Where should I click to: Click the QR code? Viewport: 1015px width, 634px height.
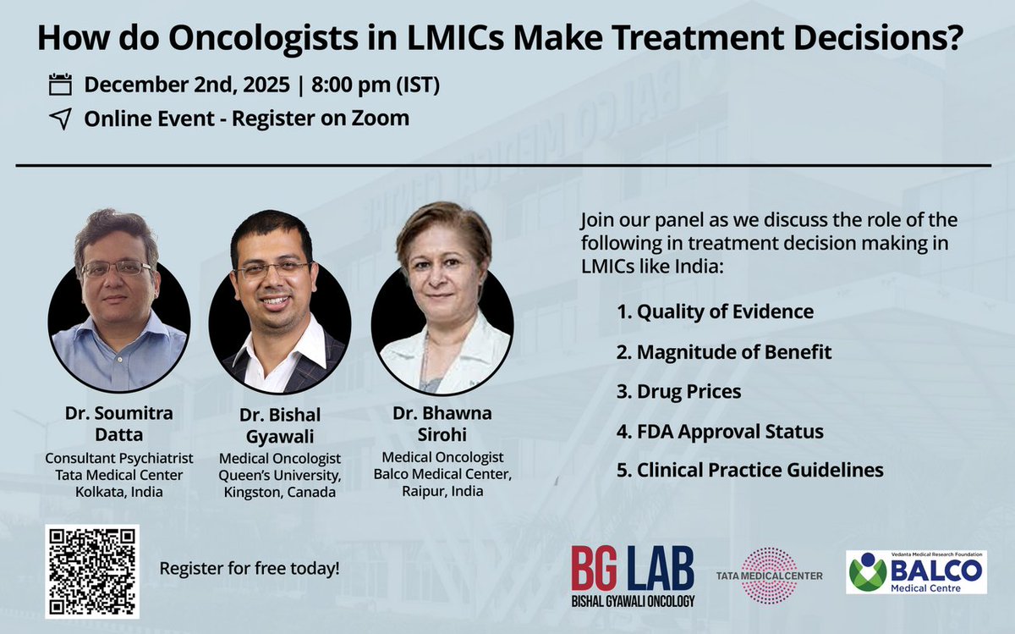tap(91, 571)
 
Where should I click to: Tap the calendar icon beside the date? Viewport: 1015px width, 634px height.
tap(60, 85)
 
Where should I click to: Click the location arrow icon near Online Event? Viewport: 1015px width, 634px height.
tap(60, 119)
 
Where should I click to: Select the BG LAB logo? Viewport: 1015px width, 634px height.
tap(633, 576)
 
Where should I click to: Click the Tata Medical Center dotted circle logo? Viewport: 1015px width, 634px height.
tap(769, 576)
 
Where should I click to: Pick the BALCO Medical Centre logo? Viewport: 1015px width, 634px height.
tap(916, 571)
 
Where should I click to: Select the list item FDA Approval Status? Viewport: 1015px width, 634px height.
tap(719, 432)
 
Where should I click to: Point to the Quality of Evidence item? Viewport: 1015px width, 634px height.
tap(715, 311)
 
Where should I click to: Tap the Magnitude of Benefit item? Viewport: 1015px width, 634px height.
tap(723, 351)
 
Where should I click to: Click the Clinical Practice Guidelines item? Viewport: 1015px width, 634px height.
tap(749, 470)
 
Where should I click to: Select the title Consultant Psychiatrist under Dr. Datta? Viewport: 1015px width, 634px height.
tap(118, 458)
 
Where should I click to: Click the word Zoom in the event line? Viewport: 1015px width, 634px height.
tap(382, 119)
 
